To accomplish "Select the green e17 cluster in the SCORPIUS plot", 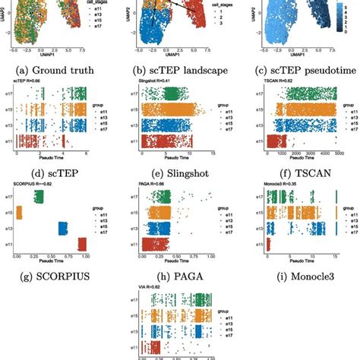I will tap(38, 197).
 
